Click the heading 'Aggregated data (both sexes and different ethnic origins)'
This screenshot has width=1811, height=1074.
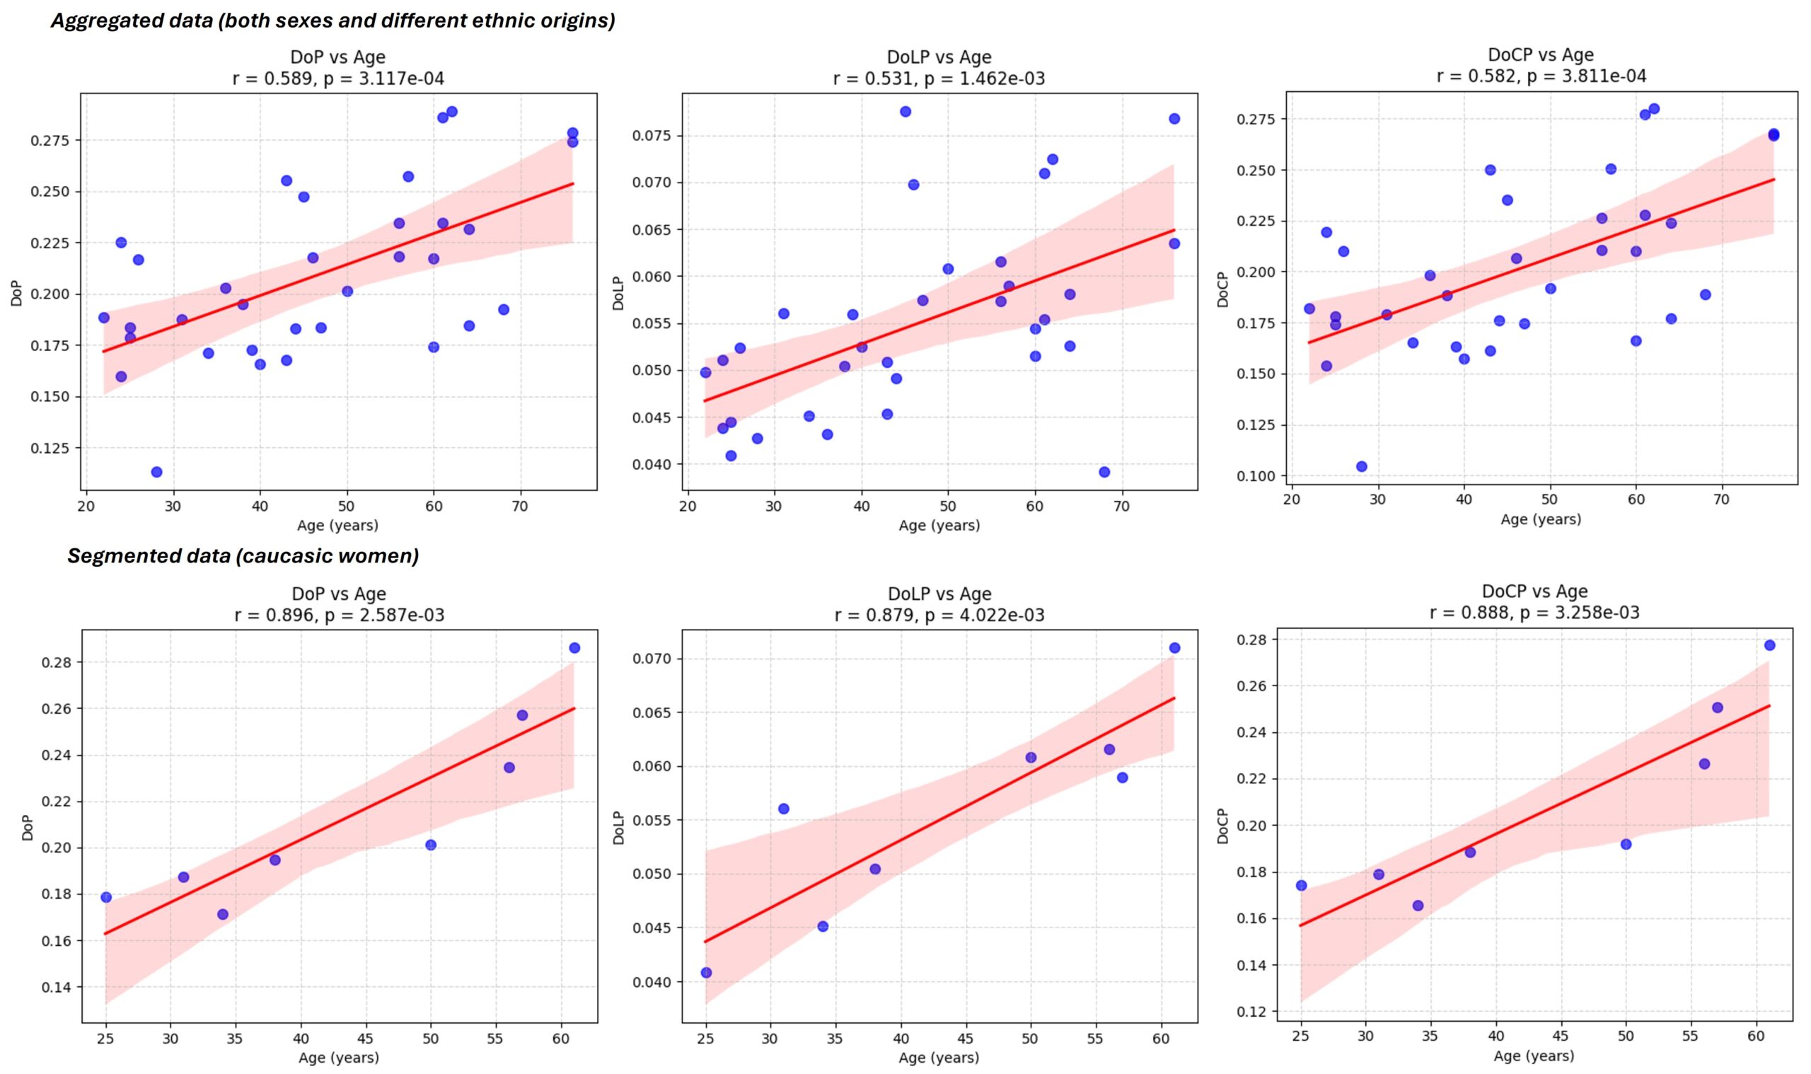point(332,21)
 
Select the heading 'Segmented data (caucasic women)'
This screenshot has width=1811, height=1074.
point(243,556)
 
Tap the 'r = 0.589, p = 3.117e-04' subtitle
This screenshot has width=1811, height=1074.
point(338,78)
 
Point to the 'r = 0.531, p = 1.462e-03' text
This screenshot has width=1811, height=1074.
point(939,78)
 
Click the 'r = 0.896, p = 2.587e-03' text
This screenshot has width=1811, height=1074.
point(339,615)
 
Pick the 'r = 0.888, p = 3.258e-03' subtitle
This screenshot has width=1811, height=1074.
point(1534,612)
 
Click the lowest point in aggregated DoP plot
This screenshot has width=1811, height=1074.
point(156,472)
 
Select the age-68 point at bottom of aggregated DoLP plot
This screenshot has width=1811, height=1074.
point(1104,472)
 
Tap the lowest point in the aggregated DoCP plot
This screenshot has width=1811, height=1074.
point(1361,466)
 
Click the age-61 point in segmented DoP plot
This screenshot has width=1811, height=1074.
point(574,648)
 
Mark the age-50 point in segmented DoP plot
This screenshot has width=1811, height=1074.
point(431,845)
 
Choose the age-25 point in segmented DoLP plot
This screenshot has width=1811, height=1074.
point(706,973)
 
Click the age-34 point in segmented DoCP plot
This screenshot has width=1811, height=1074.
point(1418,906)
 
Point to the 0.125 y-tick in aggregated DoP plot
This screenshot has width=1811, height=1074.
point(51,448)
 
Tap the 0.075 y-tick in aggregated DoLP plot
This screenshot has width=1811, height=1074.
point(653,135)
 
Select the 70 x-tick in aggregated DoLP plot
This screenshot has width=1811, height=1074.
point(1121,507)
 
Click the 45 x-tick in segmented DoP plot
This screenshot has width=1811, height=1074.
point(366,1040)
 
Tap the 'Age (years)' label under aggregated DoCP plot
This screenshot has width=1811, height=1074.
point(1540,519)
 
